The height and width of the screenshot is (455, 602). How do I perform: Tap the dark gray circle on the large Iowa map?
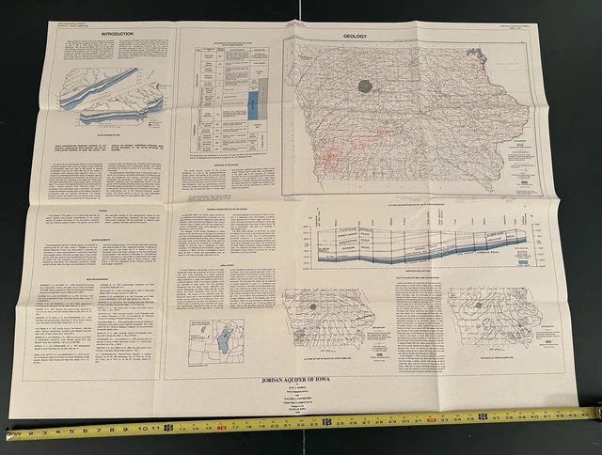[x=366, y=86]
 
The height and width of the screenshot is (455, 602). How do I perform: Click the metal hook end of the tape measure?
[x=8, y=435]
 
